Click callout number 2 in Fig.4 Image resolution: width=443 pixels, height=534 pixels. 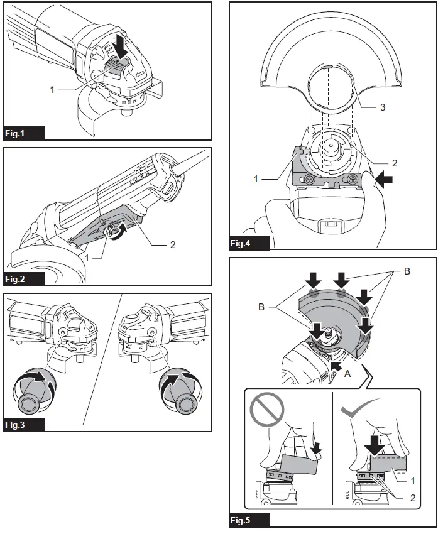coord(394,162)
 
